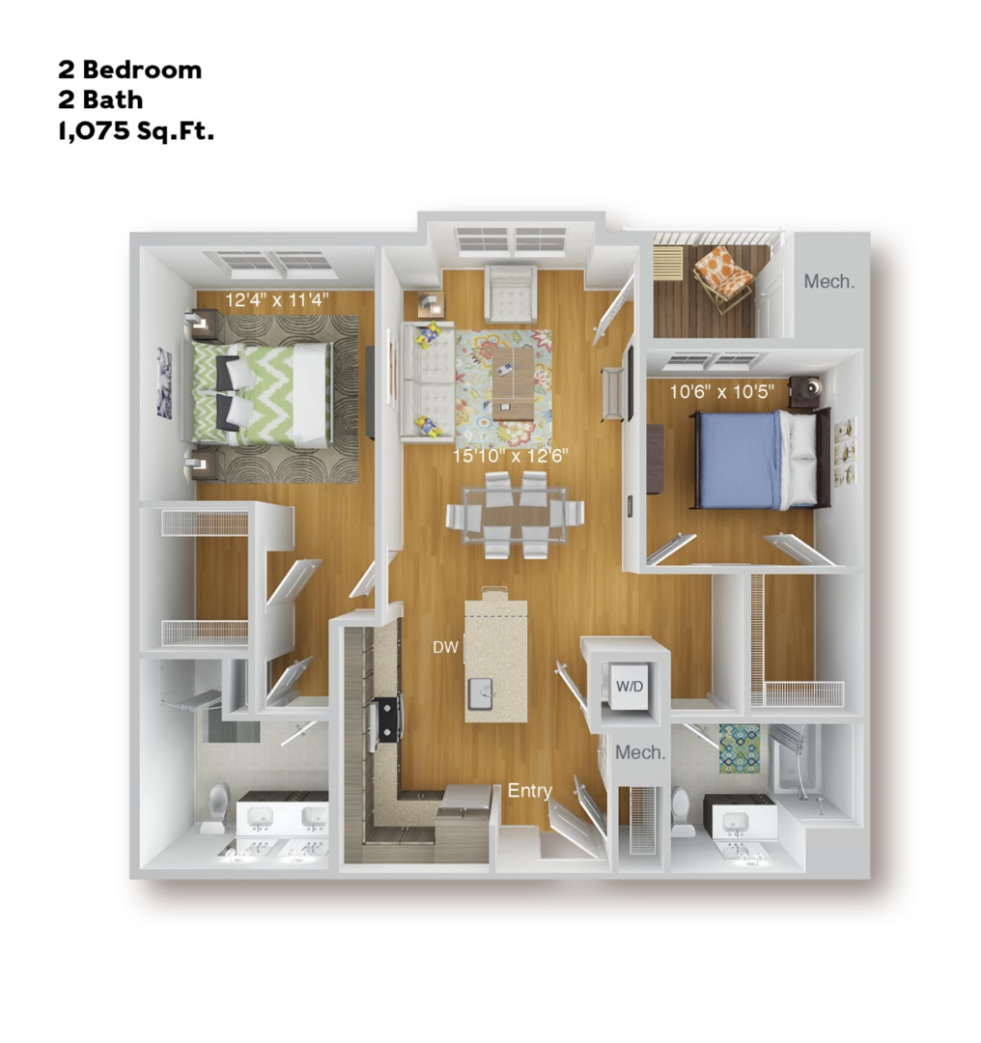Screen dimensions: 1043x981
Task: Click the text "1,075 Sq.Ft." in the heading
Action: click(x=135, y=130)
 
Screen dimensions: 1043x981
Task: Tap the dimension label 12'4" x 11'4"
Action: click(x=277, y=300)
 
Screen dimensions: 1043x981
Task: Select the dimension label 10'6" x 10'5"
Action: click(x=722, y=392)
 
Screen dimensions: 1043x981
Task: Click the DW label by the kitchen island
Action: click(x=445, y=646)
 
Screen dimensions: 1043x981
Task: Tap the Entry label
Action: click(x=529, y=792)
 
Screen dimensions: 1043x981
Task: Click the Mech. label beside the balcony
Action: click(x=829, y=282)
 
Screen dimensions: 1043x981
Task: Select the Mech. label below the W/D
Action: click(x=641, y=752)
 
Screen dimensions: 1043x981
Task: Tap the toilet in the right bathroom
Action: click(x=682, y=809)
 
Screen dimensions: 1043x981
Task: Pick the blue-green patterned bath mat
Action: click(x=739, y=748)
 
